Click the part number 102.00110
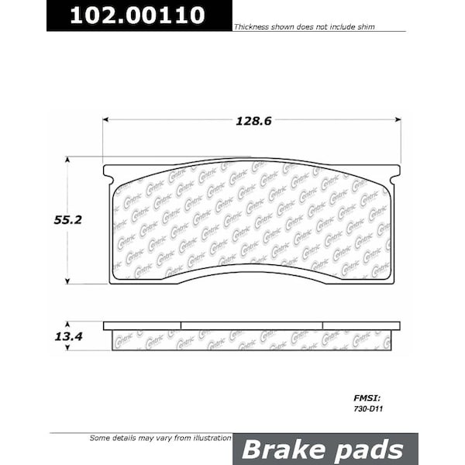click(x=138, y=15)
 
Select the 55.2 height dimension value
click(x=67, y=220)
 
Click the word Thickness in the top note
click(x=250, y=27)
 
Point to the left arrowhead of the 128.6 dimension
click(x=106, y=120)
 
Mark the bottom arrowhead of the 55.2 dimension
click(x=67, y=280)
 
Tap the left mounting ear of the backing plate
click(x=108, y=171)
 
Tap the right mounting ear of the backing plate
click(x=395, y=171)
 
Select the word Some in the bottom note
click(x=100, y=438)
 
